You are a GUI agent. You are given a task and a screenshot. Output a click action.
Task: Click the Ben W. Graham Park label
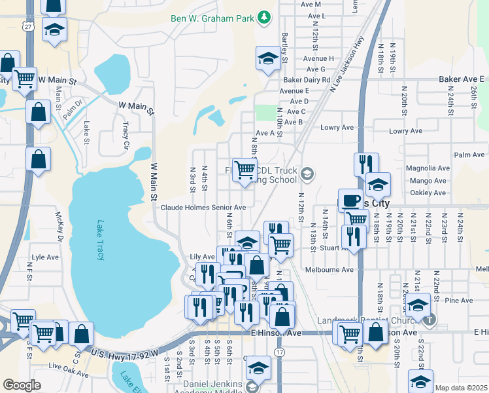tap(212, 18)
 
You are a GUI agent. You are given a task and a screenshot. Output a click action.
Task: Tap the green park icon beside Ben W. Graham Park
tap(263, 17)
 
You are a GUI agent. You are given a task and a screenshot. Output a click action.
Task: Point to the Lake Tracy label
tap(101, 240)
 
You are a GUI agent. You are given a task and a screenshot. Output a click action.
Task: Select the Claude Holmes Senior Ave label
tap(203, 208)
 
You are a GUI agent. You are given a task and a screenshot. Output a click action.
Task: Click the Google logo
tap(22, 385)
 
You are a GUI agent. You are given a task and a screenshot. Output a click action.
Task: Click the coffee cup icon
tap(350, 200)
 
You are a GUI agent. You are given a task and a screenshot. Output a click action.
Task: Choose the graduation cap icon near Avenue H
tap(268, 58)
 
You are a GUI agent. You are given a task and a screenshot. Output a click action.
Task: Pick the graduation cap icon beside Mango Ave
tap(378, 185)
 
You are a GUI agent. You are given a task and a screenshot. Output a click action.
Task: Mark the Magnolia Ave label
tap(428, 168)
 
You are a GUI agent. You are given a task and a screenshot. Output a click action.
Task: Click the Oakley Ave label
tap(429, 193)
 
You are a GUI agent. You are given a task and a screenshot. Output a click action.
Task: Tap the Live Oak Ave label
tap(67, 373)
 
